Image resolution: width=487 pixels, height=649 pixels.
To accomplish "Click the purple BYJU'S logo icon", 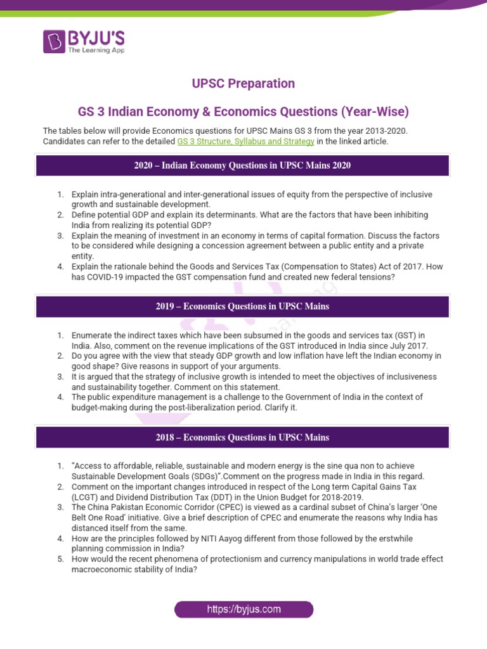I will [53, 41].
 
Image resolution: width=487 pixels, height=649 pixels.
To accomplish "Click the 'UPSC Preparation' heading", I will [243, 84].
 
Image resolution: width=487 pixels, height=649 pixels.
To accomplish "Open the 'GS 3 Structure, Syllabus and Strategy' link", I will [245, 141].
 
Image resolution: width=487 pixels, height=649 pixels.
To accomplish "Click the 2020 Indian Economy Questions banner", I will [243, 165].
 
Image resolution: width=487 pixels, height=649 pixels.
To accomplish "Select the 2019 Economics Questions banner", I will [243, 306].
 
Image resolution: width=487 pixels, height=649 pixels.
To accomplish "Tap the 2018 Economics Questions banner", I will [243, 437].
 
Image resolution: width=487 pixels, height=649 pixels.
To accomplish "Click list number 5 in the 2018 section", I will [60, 559].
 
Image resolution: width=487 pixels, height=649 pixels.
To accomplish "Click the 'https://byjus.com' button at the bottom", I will [243, 609].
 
